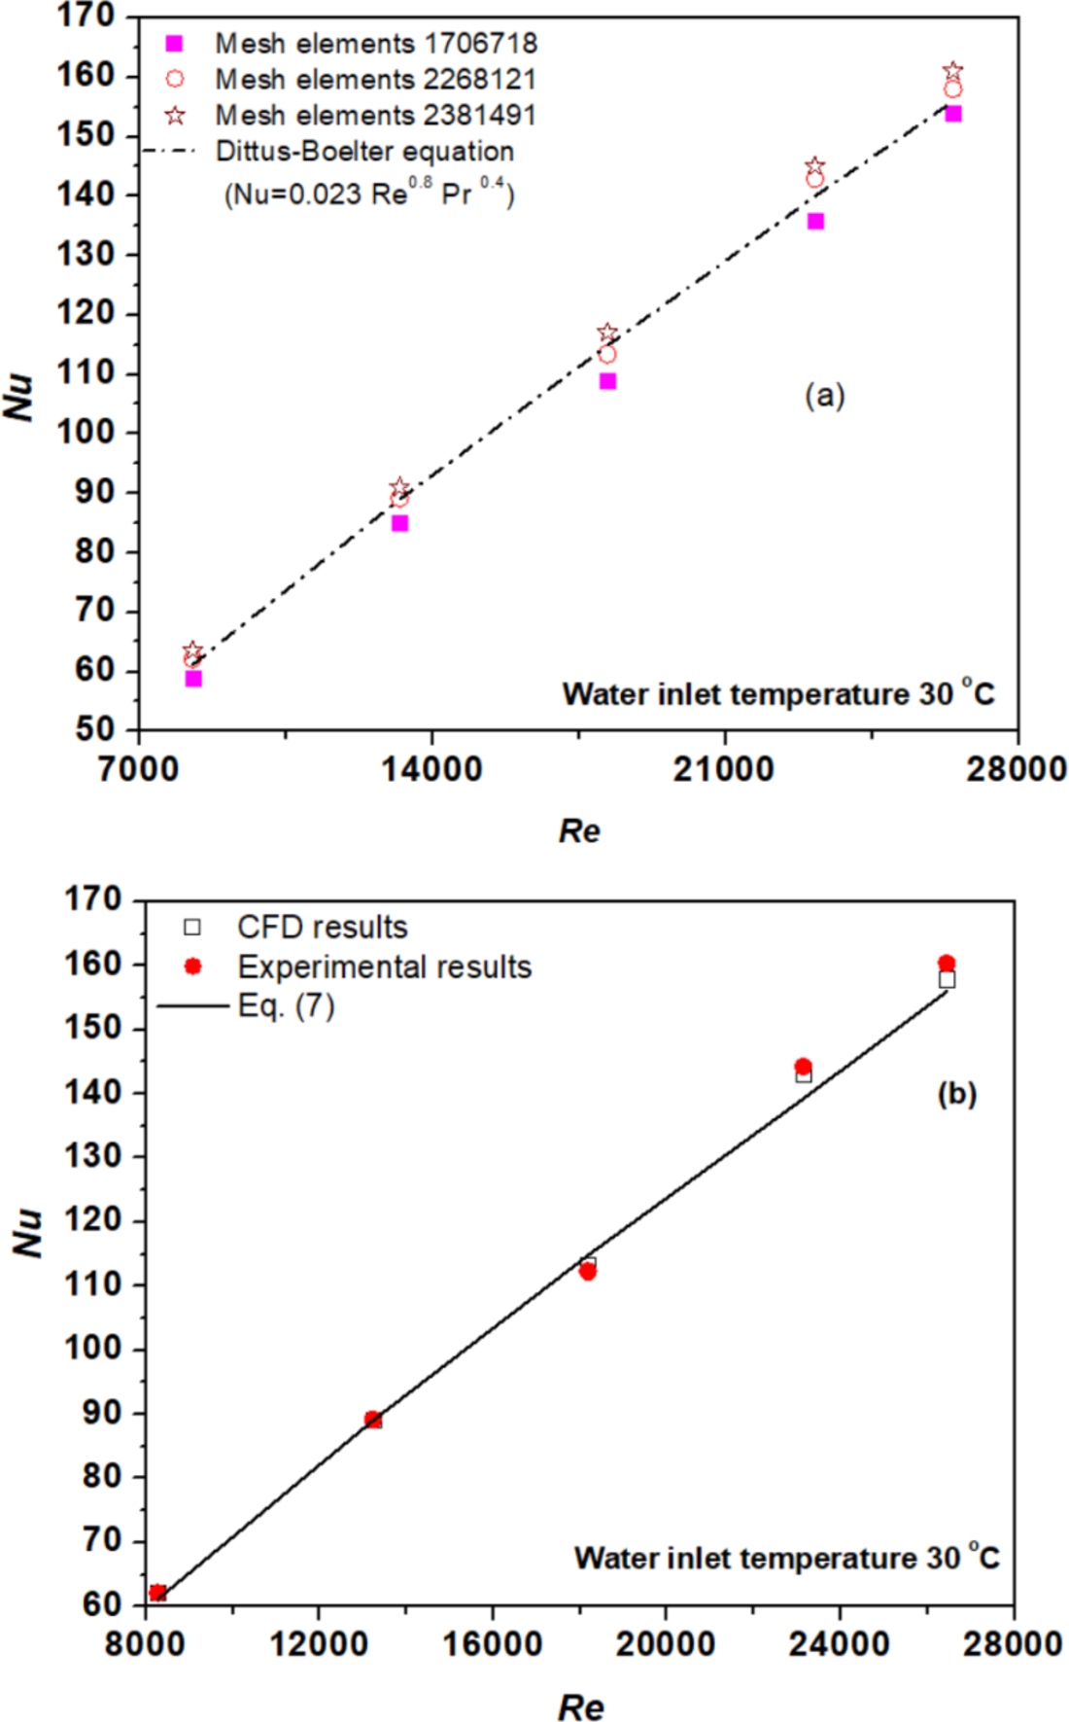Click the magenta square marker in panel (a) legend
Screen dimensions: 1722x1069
pyautogui.click(x=174, y=44)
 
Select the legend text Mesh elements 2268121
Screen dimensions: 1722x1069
pyautogui.click(x=375, y=80)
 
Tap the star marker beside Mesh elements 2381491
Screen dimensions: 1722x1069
pyautogui.click(x=175, y=116)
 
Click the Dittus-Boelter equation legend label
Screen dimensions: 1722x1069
pyautogui.click(x=364, y=152)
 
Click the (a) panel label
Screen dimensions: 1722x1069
pyautogui.click(x=824, y=396)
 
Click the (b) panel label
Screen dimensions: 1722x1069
pyautogui.click(x=956, y=1094)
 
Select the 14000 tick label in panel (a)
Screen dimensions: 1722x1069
pyautogui.click(x=431, y=770)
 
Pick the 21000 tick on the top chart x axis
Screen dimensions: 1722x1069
pyautogui.click(x=724, y=770)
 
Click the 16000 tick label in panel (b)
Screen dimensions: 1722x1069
pyautogui.click(x=492, y=1644)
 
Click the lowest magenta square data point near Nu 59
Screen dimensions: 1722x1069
pyautogui.click(x=193, y=679)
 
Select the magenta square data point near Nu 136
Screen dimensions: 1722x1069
pyautogui.click(x=815, y=222)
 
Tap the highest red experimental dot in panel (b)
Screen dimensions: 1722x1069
pyautogui.click(x=947, y=964)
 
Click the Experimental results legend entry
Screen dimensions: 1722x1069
pyautogui.click(x=384, y=967)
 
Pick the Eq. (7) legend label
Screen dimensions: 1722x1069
pyautogui.click(x=286, y=1006)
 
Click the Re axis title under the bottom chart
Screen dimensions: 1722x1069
pyautogui.click(x=580, y=1707)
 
